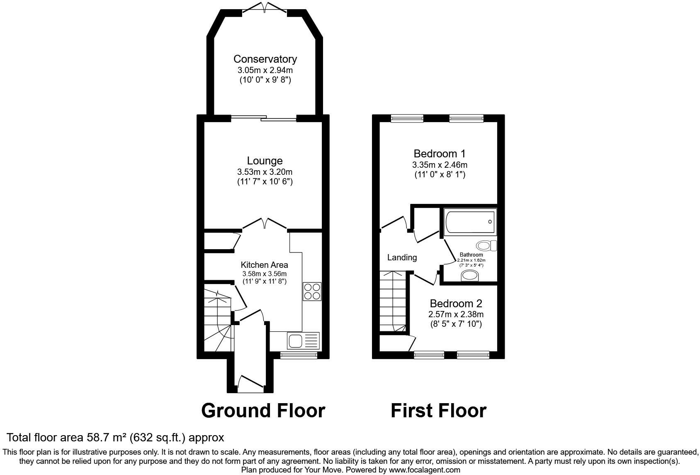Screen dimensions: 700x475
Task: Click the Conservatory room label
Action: click(x=265, y=59)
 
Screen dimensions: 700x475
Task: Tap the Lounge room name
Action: click(x=265, y=161)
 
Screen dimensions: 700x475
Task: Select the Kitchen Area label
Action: click(x=265, y=265)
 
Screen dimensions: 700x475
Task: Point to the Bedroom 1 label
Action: click(x=440, y=154)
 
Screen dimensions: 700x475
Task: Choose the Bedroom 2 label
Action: click(x=456, y=303)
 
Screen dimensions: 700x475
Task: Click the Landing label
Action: click(x=402, y=257)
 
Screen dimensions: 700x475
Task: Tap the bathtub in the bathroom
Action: click(x=470, y=222)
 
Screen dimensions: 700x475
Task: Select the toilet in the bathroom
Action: click(x=486, y=246)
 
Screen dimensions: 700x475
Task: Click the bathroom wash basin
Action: click(x=470, y=276)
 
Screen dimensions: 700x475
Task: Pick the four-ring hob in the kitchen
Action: click(x=312, y=291)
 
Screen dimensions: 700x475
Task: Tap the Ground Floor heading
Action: click(x=263, y=411)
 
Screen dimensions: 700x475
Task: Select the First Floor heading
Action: click(x=438, y=411)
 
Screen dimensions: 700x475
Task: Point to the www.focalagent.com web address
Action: click(x=424, y=470)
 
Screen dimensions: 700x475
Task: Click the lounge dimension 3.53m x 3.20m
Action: click(x=265, y=172)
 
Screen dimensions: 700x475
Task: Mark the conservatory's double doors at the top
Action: click(x=265, y=7)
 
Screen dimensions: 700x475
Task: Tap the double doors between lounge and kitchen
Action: click(x=265, y=224)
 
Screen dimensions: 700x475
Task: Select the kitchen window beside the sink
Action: click(x=299, y=355)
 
